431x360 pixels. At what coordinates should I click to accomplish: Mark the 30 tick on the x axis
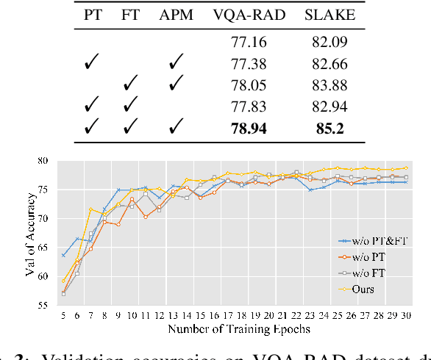tap(405, 315)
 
